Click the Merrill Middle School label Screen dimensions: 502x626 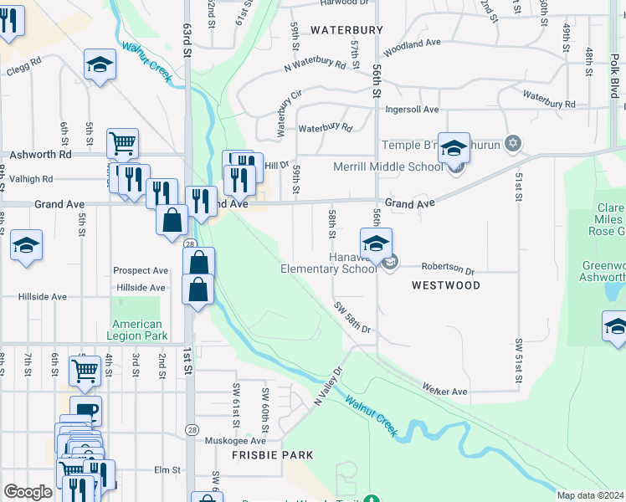click(387, 166)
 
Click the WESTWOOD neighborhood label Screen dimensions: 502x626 click(446, 285)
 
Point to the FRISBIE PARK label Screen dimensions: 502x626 click(273, 455)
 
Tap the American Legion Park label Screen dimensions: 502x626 click(136, 330)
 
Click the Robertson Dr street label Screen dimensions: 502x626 click(447, 270)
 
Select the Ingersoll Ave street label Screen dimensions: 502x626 click(412, 110)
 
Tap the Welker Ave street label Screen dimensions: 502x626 click(444, 391)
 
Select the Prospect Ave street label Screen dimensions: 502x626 click(141, 271)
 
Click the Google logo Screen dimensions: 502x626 click(28, 492)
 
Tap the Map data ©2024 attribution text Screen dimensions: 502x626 click(590, 495)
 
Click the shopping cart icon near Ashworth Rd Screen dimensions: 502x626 click(122, 145)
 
